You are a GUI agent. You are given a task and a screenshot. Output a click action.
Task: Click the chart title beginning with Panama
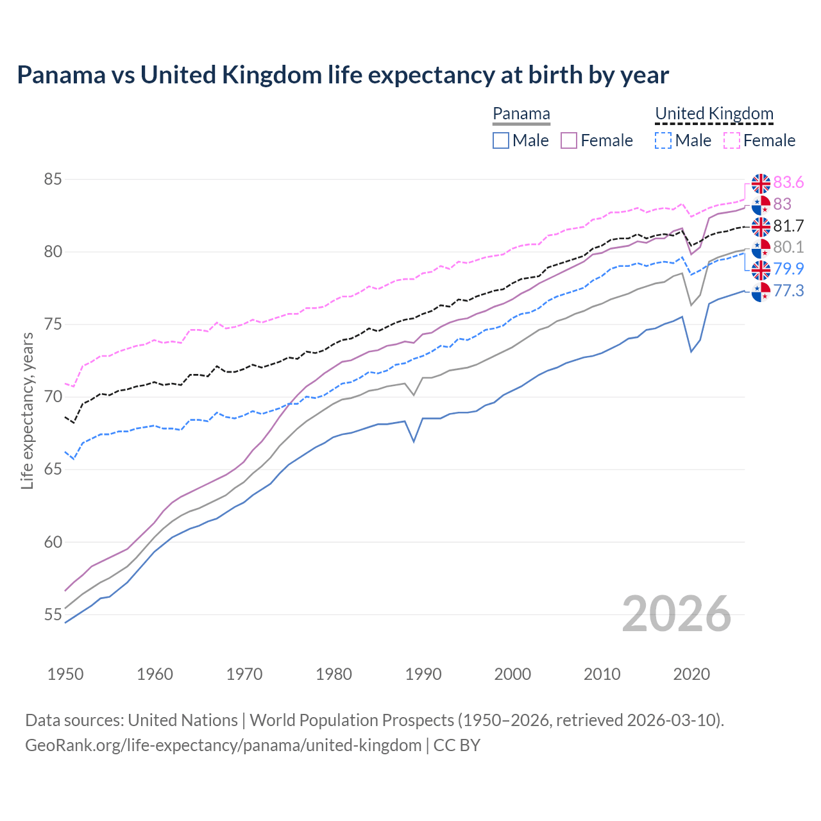[343, 75]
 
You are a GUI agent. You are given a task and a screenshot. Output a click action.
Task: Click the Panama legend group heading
[521, 114]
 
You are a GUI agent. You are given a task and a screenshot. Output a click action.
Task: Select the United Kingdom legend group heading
[714, 114]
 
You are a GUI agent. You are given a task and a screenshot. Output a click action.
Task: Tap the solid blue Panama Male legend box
[501, 140]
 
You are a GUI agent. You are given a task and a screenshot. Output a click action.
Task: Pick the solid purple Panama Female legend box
[569, 140]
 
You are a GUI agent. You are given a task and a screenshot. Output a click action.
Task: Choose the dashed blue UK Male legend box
[663, 140]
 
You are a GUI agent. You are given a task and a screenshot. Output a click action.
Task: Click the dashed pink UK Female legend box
[731, 140]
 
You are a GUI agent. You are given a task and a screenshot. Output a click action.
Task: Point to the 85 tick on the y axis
[53, 180]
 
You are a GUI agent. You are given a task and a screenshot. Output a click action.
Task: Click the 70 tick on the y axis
[53, 397]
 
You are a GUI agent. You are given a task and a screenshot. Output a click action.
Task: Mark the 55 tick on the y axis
[53, 614]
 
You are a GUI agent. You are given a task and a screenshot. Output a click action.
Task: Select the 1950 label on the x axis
[65, 674]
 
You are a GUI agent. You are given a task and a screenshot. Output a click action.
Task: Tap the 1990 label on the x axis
[423, 674]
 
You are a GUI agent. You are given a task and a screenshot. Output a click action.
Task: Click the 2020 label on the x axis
[691, 674]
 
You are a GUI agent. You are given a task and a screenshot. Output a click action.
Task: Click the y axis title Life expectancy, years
[28, 410]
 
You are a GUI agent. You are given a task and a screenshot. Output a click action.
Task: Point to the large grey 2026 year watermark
[676, 614]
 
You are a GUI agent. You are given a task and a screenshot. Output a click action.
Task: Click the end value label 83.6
[788, 183]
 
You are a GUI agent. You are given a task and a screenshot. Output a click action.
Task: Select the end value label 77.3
[788, 291]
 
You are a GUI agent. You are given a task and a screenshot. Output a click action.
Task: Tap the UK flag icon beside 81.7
[761, 226]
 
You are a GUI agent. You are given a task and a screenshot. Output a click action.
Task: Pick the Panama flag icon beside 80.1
[761, 248]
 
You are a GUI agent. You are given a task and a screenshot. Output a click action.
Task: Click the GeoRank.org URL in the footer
[223, 745]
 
